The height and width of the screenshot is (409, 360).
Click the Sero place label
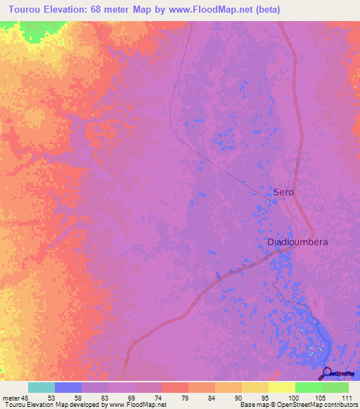click(283, 192)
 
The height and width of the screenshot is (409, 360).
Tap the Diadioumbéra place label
click(298, 242)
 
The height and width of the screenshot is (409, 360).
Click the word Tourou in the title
click(26, 10)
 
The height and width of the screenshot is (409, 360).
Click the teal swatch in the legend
click(41, 387)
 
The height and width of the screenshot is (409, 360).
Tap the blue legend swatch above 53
click(67, 387)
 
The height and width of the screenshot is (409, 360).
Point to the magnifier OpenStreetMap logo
click(327, 373)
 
